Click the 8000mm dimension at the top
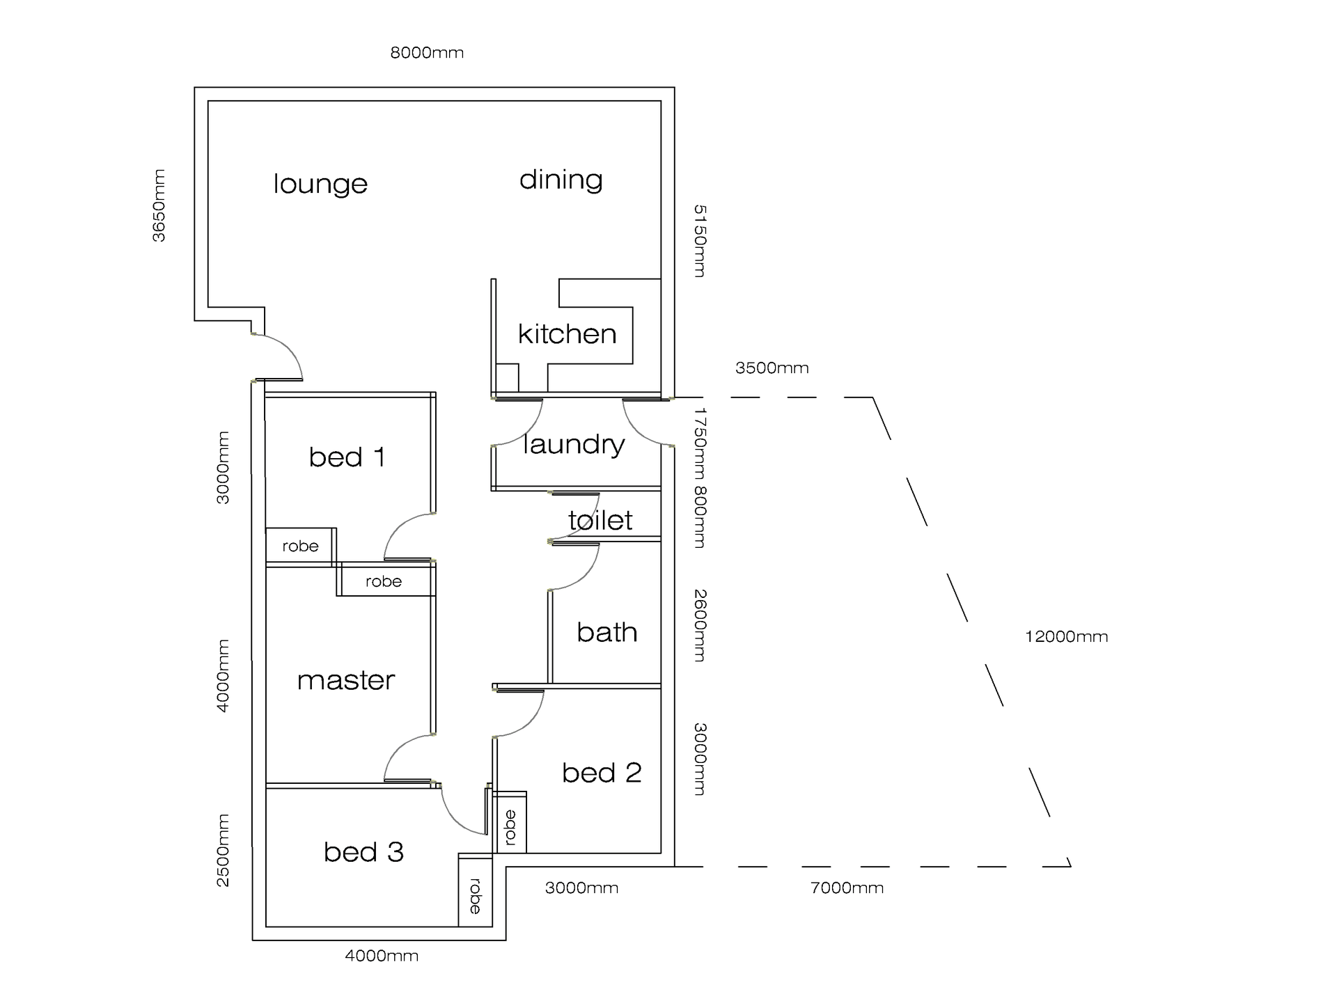coord(427,53)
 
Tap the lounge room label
coord(320,184)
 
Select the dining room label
coord(561,180)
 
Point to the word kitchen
coord(567,334)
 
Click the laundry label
coord(574,444)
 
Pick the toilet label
coord(600,520)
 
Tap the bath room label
coord(606,632)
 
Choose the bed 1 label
coord(347,457)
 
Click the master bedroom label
coord(346,680)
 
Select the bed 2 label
coord(602,773)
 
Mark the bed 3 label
coord(363,852)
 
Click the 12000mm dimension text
coord(1066,636)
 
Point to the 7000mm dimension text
coord(847,888)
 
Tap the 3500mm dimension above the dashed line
coord(772,368)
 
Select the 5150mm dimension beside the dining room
coord(700,241)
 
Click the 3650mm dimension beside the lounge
coord(159,205)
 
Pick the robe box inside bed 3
coord(475,895)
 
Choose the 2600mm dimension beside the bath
coord(700,625)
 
